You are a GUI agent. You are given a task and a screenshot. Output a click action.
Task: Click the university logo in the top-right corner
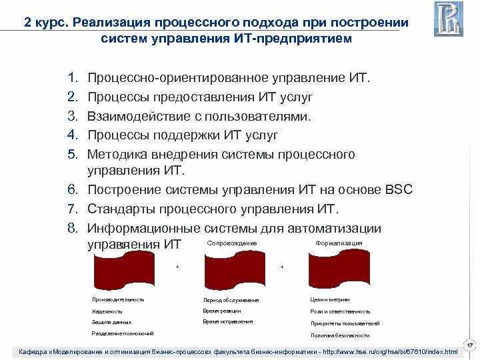pos(449,19)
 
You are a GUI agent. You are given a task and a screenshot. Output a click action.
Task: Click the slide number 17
pos(469,345)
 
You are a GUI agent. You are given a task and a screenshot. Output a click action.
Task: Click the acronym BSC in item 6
pos(399,190)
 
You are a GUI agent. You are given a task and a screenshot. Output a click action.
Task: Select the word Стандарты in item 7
pos(121,209)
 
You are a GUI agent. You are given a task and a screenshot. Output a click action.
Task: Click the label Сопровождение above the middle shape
pos(232,243)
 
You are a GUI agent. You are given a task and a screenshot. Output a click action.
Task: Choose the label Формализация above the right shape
pos(338,243)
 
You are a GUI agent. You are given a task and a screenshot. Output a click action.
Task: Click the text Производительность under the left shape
pos(118,299)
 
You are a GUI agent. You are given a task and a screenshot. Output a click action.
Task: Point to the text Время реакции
pos(222,311)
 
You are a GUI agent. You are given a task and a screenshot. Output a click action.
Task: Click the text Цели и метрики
pos(330,299)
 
